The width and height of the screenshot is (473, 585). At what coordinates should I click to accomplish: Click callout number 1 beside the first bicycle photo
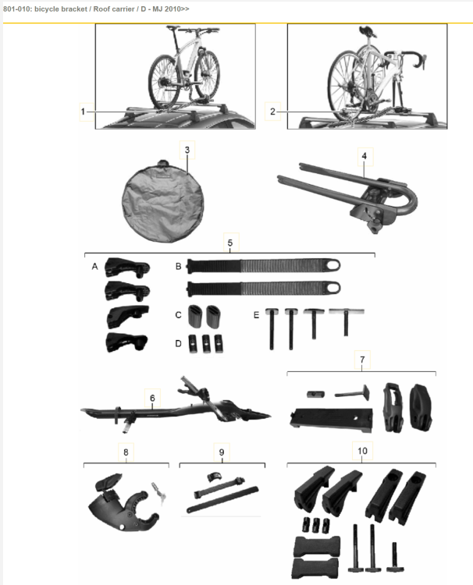[x=83, y=112]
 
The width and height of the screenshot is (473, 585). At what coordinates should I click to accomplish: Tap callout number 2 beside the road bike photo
[x=272, y=112]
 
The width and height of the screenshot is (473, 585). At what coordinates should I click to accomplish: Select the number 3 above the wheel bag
[x=187, y=150]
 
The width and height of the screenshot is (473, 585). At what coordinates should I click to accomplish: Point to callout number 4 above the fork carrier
[x=365, y=156]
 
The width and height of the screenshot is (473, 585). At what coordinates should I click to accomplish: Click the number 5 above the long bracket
[x=230, y=243]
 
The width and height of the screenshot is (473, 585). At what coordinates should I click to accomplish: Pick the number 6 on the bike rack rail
[x=152, y=398]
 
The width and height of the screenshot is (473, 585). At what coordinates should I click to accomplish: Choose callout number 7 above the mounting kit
[x=362, y=360]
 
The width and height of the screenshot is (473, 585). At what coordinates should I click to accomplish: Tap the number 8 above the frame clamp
[x=126, y=452]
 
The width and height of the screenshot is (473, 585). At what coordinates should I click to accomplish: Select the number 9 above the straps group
[x=222, y=452]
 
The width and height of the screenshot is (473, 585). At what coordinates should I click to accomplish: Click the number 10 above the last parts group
[x=362, y=451]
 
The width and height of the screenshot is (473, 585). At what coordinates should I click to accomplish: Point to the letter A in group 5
[x=94, y=267]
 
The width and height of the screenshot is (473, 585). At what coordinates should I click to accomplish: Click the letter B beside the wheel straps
[x=178, y=267]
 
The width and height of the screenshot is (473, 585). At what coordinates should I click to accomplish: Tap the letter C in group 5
[x=178, y=315]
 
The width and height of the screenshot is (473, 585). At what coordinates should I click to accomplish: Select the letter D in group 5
[x=178, y=344]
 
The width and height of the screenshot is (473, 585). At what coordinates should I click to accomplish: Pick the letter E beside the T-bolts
[x=256, y=315]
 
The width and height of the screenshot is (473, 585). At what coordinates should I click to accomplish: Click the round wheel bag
[x=163, y=201]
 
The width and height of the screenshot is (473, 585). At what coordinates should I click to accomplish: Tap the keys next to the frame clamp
[x=158, y=492]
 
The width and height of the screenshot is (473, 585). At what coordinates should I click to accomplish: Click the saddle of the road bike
[x=366, y=30]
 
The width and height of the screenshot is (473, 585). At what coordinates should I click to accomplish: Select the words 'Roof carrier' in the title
[x=114, y=9]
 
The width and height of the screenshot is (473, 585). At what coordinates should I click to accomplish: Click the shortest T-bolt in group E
[x=346, y=321]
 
